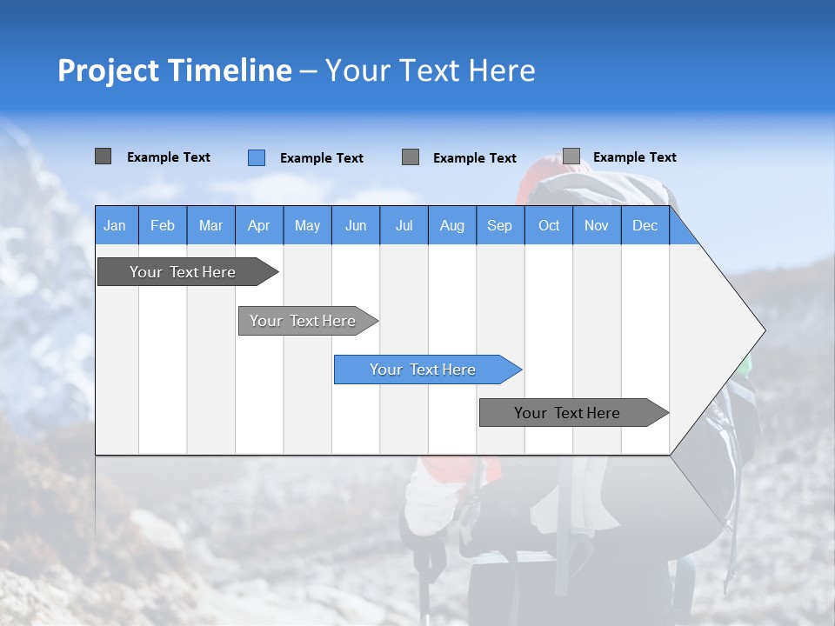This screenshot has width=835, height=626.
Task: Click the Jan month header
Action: (115, 225)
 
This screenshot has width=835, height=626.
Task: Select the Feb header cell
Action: (163, 225)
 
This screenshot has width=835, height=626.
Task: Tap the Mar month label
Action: (210, 225)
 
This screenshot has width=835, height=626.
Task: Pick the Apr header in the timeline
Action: (258, 225)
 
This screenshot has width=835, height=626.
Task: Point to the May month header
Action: (307, 225)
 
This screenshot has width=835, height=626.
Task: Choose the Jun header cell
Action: (356, 225)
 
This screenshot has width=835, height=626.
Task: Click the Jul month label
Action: (404, 225)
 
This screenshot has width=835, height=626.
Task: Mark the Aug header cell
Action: (451, 225)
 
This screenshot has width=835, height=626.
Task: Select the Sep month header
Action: (499, 225)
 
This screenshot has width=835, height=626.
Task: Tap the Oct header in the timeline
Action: (549, 225)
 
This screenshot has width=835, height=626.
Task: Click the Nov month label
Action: (597, 225)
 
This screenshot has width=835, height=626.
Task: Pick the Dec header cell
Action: (645, 225)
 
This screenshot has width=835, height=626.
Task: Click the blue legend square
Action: (256, 157)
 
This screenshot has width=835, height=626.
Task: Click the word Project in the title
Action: (108, 70)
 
